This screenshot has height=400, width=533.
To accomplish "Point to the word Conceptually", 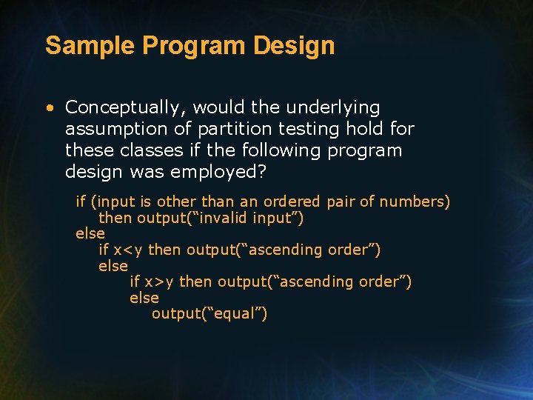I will [121, 108].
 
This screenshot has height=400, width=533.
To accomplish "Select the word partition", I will [229, 129].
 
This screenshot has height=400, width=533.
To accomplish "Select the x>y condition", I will [159, 281].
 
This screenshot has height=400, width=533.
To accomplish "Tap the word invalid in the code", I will [223, 219].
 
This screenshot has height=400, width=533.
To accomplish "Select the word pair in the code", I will [340, 201].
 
